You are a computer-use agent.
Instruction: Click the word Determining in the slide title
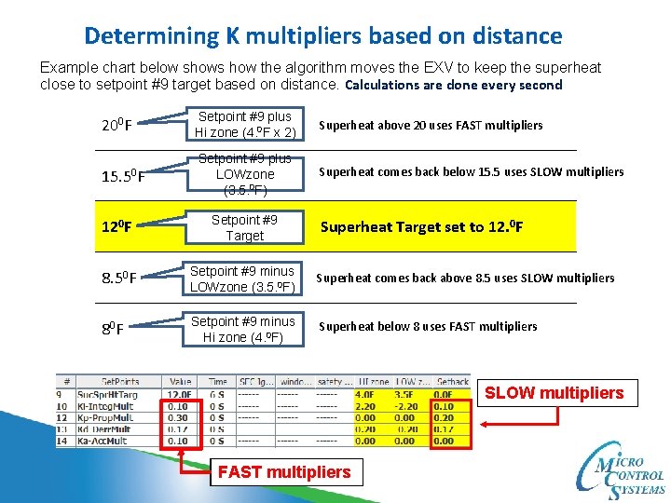click(x=150, y=36)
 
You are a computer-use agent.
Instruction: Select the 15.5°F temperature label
click(x=122, y=175)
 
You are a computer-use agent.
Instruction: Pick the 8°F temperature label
click(x=112, y=328)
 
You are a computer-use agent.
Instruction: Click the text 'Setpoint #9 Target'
click(x=244, y=227)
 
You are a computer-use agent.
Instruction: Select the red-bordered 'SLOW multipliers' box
click(x=554, y=392)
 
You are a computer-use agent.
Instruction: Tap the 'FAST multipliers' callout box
click(x=283, y=472)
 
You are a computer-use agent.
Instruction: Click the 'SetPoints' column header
click(x=120, y=382)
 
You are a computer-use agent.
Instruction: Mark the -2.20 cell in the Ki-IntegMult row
click(x=408, y=406)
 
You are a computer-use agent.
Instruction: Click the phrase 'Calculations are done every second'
click(x=454, y=85)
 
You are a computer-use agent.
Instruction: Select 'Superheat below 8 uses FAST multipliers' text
click(x=428, y=326)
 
